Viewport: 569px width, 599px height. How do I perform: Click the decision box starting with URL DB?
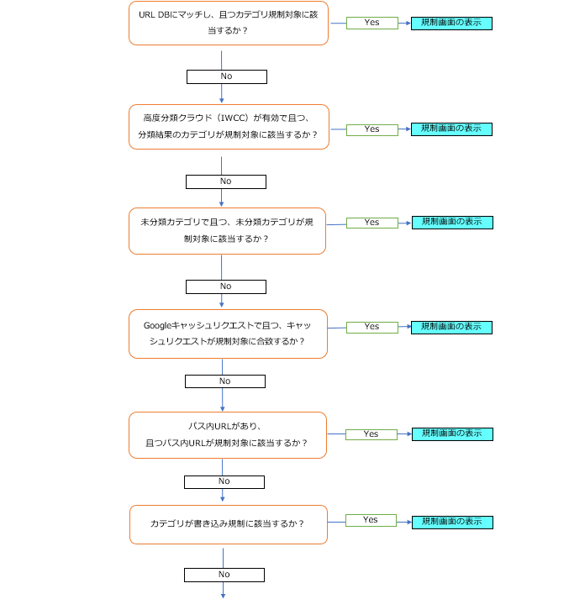pos(228,23)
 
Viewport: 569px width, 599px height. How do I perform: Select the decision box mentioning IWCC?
pos(228,127)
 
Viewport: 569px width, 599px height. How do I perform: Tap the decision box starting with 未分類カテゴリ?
pos(227,231)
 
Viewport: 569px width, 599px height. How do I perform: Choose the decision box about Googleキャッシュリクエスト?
pos(227,334)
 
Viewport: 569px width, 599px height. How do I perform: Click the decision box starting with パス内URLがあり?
pos(227,434)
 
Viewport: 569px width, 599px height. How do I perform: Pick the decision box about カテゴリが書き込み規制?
pos(227,523)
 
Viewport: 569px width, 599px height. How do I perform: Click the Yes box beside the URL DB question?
pos(371,23)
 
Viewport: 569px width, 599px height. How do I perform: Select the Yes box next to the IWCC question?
pos(371,129)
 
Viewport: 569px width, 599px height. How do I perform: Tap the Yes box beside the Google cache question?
pos(371,327)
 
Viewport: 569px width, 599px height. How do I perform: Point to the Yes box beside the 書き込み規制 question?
pos(371,520)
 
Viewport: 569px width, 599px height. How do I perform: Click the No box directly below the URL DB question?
pos(226,76)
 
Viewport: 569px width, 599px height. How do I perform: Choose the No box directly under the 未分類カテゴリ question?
pos(225,286)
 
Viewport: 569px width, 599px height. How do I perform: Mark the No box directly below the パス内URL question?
pos(224,481)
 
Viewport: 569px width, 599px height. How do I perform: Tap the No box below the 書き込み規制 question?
pos(224,575)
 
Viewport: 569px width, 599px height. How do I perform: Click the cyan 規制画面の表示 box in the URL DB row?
pos(451,23)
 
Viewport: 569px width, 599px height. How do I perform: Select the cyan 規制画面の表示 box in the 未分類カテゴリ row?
pos(451,223)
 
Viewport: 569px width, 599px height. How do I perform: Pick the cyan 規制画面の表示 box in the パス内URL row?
pos(451,434)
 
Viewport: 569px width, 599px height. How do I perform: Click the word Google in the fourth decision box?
pos(157,326)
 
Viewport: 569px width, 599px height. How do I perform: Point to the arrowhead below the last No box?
pos(224,595)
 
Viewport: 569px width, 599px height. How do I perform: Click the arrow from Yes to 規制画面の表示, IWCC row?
pos(404,129)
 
